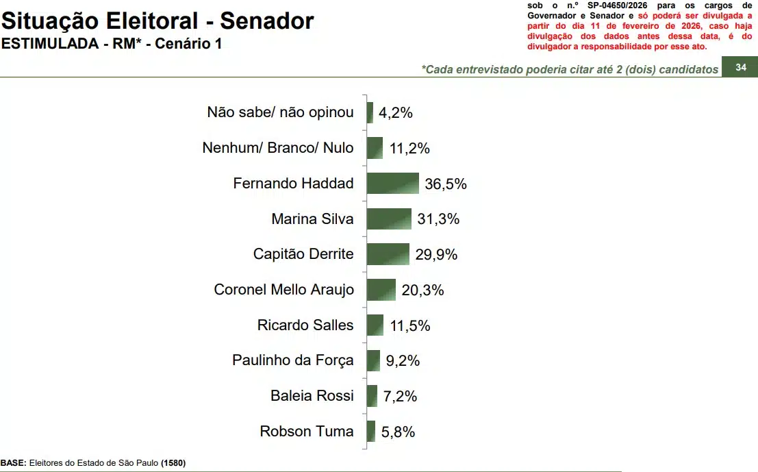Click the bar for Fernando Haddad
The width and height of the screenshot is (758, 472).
(x=392, y=184)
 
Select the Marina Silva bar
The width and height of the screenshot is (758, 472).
(x=389, y=219)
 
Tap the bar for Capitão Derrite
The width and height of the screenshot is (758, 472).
(x=388, y=254)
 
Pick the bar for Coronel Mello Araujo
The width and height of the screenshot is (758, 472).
(x=381, y=290)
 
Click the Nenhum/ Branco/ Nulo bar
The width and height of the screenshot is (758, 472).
(x=375, y=148)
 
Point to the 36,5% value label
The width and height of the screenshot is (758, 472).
(x=446, y=184)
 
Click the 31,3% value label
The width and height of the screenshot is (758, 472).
(x=438, y=219)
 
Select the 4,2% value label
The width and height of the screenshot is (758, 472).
(x=396, y=113)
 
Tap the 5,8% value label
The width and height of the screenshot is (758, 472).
(x=398, y=432)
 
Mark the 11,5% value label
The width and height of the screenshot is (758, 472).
(x=410, y=325)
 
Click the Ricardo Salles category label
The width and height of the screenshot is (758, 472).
(x=305, y=325)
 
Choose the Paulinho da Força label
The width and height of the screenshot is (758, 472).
(x=293, y=360)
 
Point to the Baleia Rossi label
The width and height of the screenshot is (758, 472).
(x=312, y=396)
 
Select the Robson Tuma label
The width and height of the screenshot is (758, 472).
(x=307, y=432)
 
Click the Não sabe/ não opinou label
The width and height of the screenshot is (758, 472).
(x=280, y=112)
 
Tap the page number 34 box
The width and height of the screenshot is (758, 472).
(x=740, y=67)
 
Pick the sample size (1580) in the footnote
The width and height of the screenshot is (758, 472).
(x=173, y=463)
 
